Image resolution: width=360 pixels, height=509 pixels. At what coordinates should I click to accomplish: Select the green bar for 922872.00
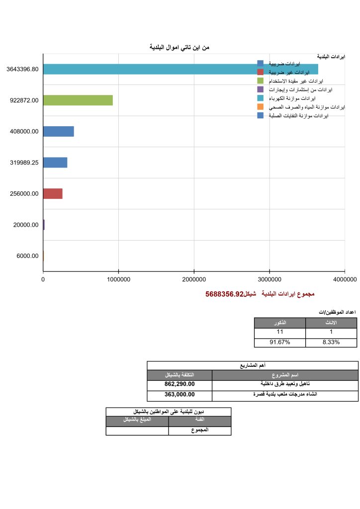[78, 100]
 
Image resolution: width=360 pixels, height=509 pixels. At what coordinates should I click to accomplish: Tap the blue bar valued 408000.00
[58, 131]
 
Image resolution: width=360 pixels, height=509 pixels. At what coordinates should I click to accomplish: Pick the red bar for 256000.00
[53, 193]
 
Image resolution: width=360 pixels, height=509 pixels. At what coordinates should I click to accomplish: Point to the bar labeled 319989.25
[55, 163]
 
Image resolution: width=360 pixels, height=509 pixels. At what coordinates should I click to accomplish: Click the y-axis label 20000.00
[25, 225]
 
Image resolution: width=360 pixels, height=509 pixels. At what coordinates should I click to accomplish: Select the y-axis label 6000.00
[27, 256]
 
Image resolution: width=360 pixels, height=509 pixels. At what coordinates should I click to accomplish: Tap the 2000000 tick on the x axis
[194, 279]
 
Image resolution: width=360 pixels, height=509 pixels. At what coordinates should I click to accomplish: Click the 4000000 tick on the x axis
[345, 279]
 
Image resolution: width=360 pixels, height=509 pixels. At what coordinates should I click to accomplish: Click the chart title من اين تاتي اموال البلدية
[180, 47]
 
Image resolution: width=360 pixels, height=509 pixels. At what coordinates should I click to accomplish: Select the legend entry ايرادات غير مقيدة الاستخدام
[296, 81]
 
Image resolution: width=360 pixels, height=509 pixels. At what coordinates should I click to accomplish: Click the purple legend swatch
[261, 89]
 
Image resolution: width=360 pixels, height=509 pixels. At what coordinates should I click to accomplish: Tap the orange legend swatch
[261, 107]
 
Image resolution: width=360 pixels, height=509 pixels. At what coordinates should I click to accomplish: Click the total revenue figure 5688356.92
[224, 294]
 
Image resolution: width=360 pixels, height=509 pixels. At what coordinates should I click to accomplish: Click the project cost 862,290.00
[180, 384]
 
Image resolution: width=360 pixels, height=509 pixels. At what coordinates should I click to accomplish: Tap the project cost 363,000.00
[180, 395]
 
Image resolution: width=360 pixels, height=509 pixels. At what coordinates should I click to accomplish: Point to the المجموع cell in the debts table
[199, 430]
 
